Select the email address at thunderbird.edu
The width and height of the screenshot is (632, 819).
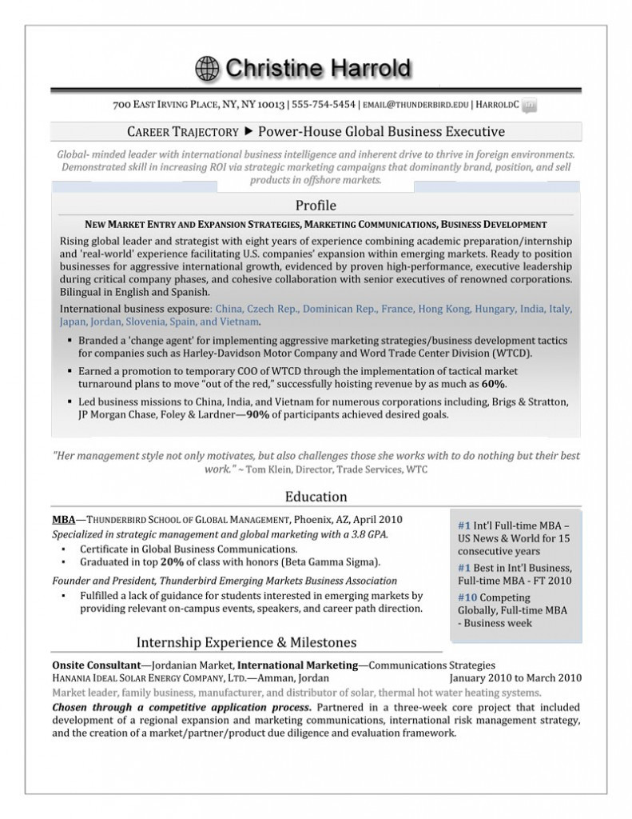pos(415,105)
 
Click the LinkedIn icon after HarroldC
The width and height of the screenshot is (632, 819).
pos(529,105)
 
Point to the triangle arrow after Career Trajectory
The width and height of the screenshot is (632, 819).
pos(248,131)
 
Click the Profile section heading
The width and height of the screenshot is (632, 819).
pos(316,206)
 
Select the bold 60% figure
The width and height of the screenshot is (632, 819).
pos(493,384)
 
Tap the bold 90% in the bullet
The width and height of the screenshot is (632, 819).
pos(256,414)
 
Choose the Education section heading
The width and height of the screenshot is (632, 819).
pos(316,497)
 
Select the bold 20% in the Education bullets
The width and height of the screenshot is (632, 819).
pos(169,561)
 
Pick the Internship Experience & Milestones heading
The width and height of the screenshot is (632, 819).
pos(247,642)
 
